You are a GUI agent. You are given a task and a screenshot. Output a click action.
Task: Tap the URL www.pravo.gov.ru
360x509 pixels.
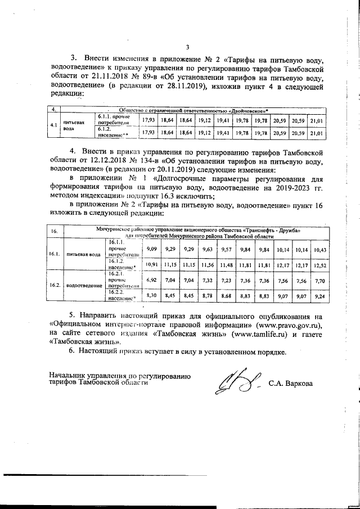coord(288,325)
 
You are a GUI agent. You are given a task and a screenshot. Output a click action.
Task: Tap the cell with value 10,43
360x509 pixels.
coord(319,249)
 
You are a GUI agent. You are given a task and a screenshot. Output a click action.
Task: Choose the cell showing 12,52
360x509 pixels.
coord(319,264)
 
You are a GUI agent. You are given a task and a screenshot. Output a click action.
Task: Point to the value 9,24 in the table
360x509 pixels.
coord(319,295)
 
